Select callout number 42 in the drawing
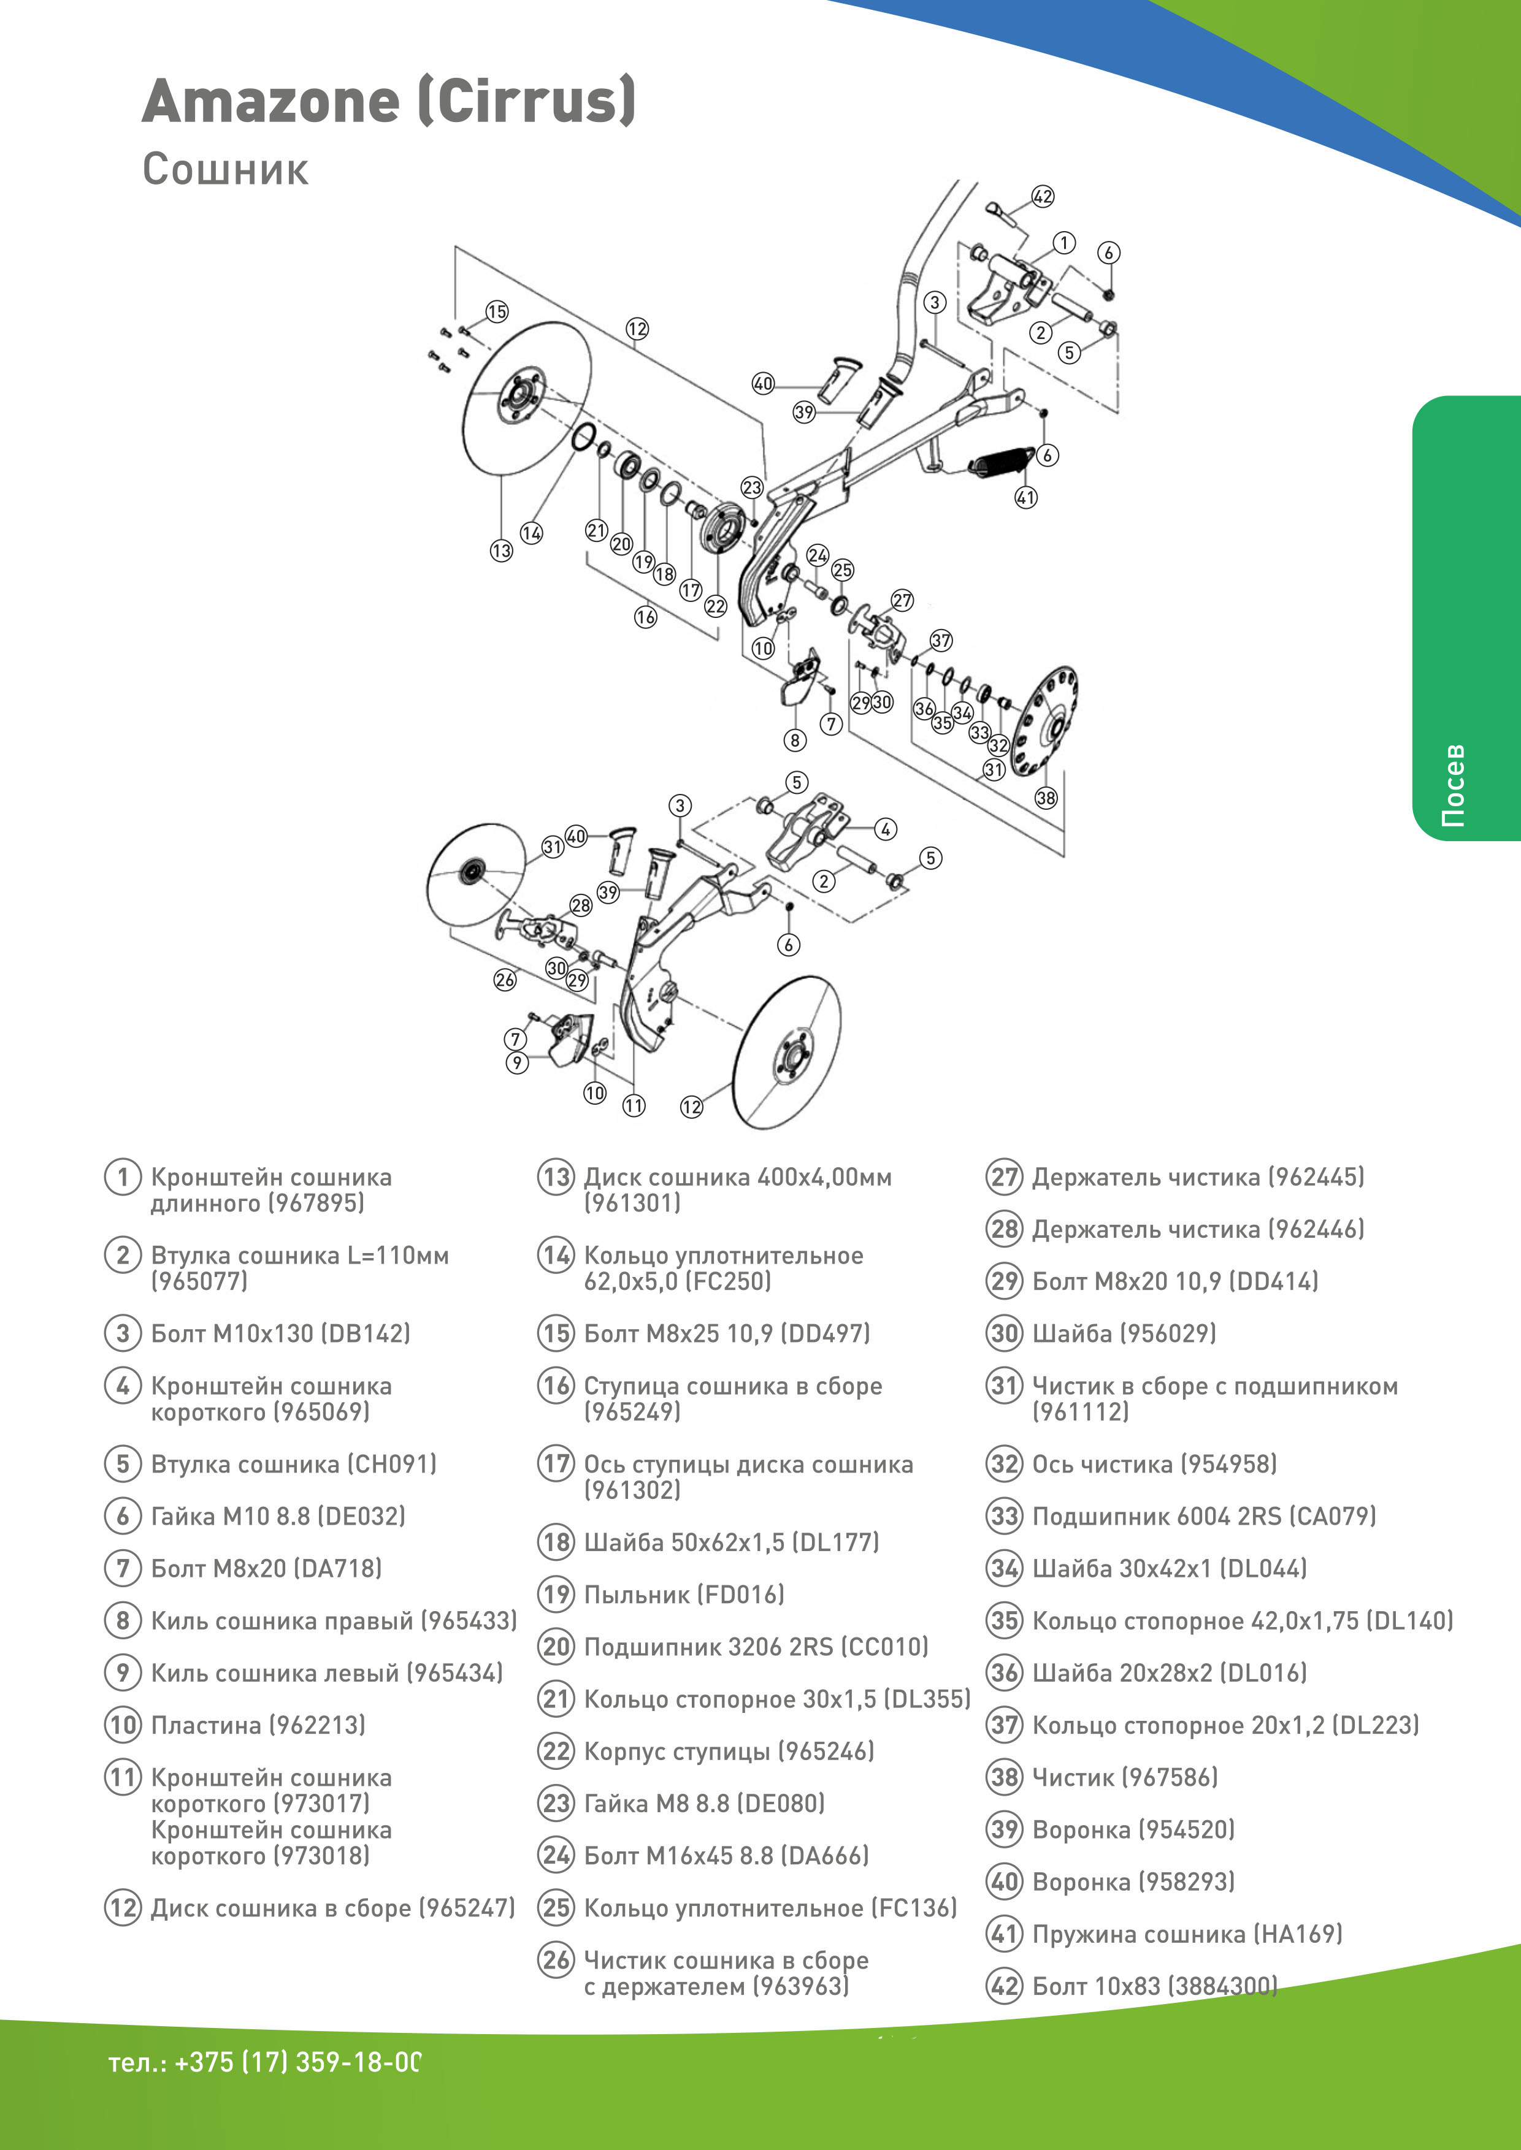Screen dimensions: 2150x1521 click(1043, 197)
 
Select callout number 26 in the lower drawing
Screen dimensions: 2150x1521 click(505, 980)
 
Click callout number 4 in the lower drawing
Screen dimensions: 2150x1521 click(885, 829)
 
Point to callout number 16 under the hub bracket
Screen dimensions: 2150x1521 click(645, 617)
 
